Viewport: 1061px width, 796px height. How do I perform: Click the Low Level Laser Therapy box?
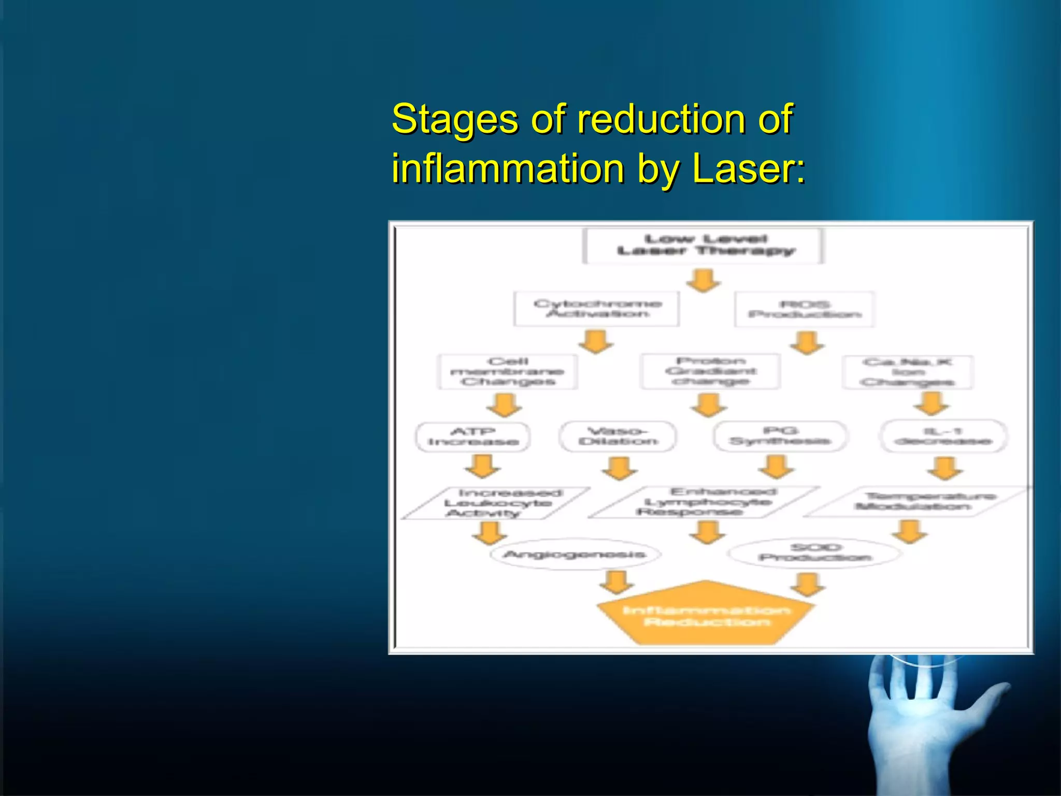pyautogui.click(x=703, y=246)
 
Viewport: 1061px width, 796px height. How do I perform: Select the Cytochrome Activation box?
pyautogui.click(x=596, y=309)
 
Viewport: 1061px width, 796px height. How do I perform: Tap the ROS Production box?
pyautogui.click(x=804, y=309)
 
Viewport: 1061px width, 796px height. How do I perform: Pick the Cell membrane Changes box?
pyautogui.click(x=507, y=372)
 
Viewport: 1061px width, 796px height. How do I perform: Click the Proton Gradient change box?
pyautogui.click(x=710, y=371)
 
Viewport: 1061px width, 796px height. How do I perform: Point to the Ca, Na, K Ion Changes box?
pyautogui.click(x=907, y=372)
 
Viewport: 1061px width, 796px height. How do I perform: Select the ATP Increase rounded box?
pyautogui.click(x=472, y=437)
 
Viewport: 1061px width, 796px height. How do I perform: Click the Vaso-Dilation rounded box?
pyautogui.click(x=618, y=436)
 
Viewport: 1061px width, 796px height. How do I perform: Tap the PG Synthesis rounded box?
pyautogui.click(x=780, y=436)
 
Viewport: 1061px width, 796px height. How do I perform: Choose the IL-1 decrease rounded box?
pyautogui.click(x=943, y=436)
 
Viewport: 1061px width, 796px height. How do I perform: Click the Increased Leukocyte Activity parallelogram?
pyautogui.click(x=496, y=503)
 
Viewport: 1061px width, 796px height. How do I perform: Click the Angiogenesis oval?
pyautogui.click(x=575, y=555)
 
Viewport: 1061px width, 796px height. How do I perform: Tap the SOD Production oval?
pyautogui.click(x=815, y=553)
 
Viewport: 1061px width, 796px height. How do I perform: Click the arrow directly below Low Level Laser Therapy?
pyautogui.click(x=703, y=280)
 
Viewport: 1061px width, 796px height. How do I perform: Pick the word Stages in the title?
pyautogui.click(x=454, y=119)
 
